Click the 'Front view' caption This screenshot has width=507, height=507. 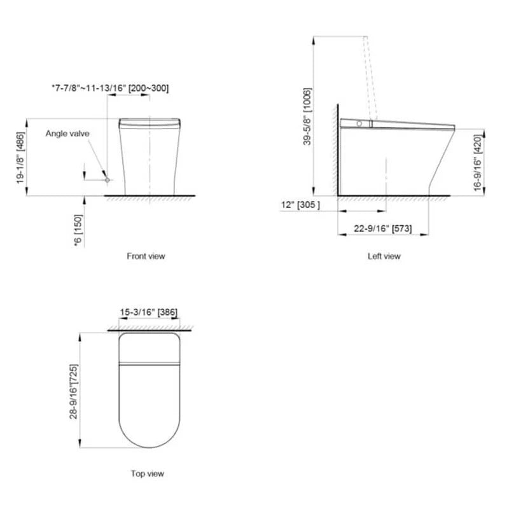click(x=146, y=256)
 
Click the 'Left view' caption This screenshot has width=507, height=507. click(x=384, y=256)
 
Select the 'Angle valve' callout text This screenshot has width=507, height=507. click(x=67, y=134)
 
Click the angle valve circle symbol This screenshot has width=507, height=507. click(x=108, y=180)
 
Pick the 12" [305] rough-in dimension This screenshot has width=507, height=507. click(x=300, y=204)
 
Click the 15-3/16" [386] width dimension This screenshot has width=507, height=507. click(x=148, y=312)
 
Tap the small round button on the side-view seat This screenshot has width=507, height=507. click(x=360, y=123)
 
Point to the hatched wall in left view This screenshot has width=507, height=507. click(x=334, y=153)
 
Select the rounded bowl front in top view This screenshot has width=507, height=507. click(x=149, y=433)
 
